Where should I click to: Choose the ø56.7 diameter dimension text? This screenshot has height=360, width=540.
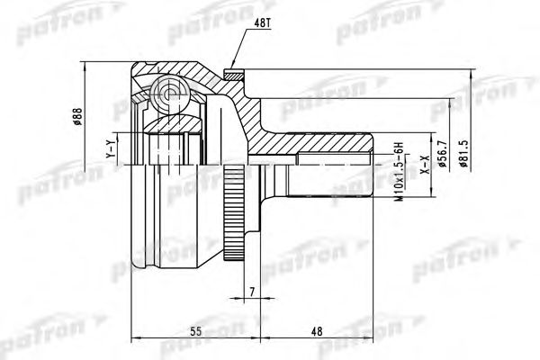tap(441, 159)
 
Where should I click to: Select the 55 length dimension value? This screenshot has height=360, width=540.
tap(195, 331)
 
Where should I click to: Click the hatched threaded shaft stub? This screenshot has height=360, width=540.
tap(333, 147)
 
